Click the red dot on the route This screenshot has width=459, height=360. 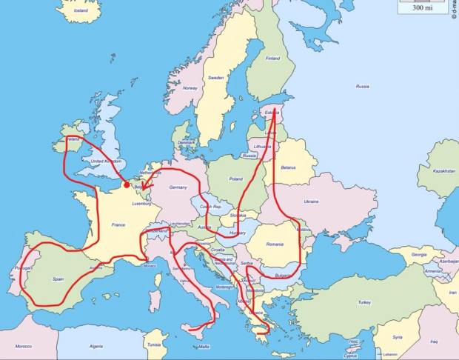coord(127,184)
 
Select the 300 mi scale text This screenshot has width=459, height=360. coord(423,8)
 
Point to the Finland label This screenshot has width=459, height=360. coord(273,58)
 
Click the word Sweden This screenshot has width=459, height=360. coord(215,78)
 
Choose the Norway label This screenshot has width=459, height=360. coord(190,87)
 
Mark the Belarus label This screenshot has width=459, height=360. coord(288,167)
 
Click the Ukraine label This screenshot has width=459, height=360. coord(311,201)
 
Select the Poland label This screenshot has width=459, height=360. coord(235,179)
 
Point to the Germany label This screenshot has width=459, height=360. coord(178,187)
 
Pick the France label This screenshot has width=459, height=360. coord(118,224)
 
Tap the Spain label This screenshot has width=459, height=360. coord(58,279)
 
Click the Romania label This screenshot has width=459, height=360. coord(275,244)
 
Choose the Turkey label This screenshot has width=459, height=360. coord(364,302)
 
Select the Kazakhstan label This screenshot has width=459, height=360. coord(444,171)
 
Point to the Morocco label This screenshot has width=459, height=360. coord(24,346)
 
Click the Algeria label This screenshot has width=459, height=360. coord(96,346)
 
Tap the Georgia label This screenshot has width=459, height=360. coord(418,255)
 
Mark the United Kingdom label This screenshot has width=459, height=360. coord(106,161)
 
